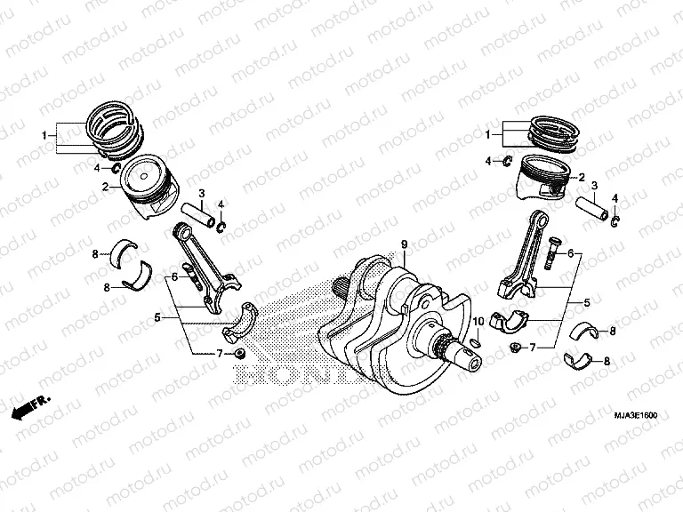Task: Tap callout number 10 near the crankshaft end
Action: pyautogui.click(x=478, y=321)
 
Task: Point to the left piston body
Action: pyautogui.click(x=149, y=190)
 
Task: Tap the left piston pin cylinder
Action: pyautogui.click(x=199, y=214)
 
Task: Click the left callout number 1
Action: pyautogui.click(x=44, y=135)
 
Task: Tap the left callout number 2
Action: pyautogui.click(x=104, y=188)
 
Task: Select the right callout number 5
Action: pyautogui.click(x=586, y=303)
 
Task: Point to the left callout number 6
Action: pyautogui.click(x=175, y=277)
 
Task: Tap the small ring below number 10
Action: pyautogui.click(x=476, y=340)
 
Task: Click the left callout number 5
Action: pyautogui.click(x=157, y=316)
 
